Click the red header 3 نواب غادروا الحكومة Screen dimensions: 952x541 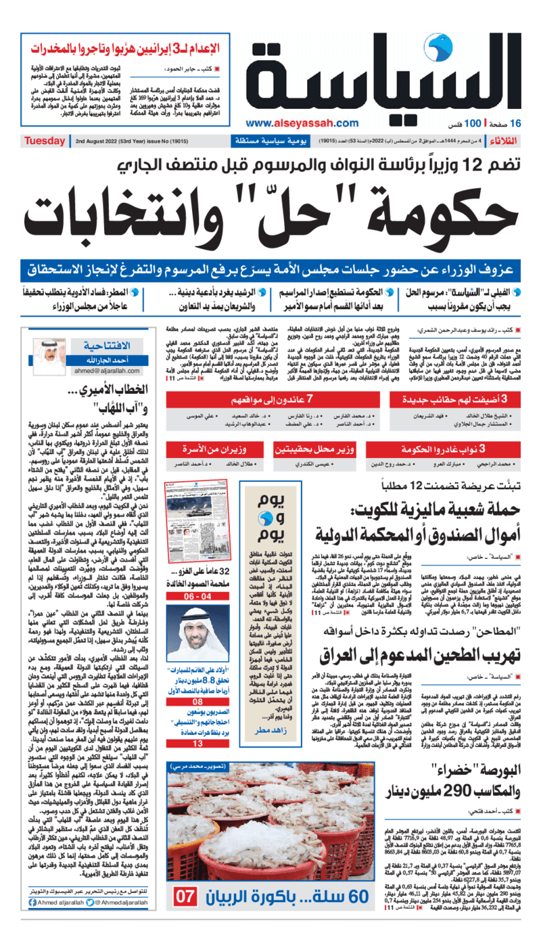453,448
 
